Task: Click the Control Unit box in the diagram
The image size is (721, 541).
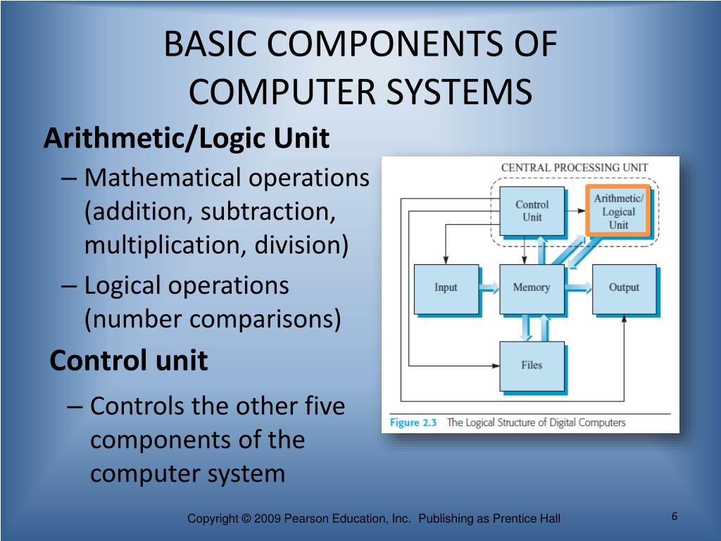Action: (532, 211)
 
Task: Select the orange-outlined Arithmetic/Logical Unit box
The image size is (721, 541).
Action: (618, 211)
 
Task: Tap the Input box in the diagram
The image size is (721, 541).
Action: (446, 288)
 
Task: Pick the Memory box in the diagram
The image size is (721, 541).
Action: (532, 288)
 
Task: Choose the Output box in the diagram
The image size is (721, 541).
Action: (624, 288)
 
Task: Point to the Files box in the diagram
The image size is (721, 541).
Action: (532, 366)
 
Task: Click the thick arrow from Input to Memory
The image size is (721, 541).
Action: (489, 287)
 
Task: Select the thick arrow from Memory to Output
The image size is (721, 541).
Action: (578, 287)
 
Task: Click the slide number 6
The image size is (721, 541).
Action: (674, 517)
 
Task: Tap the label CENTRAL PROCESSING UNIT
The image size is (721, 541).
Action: (574, 168)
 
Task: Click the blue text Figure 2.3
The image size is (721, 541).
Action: (413, 423)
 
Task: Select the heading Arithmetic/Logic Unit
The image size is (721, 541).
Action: (187, 139)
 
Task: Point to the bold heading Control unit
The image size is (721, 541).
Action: (129, 361)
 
